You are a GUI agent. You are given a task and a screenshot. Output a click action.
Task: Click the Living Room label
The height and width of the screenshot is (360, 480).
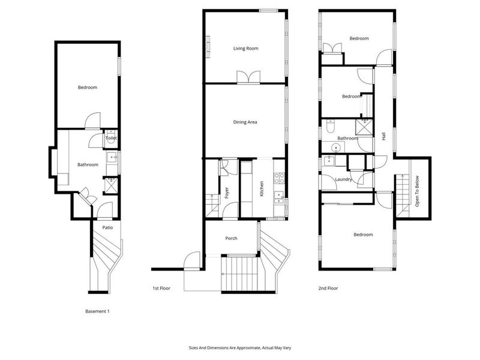245,49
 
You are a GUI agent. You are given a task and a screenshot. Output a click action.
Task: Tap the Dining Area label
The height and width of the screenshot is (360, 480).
245,122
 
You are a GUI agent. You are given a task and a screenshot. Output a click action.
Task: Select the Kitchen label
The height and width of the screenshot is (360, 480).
262,188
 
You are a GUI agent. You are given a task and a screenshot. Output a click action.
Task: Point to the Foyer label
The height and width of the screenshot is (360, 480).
227,193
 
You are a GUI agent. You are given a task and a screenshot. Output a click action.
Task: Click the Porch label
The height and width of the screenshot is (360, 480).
231,238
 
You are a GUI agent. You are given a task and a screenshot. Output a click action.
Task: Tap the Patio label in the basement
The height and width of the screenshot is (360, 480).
107,227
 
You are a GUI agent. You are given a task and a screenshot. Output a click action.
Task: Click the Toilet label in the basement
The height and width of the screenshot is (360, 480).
111,138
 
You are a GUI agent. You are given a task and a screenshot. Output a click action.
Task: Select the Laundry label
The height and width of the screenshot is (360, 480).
343,179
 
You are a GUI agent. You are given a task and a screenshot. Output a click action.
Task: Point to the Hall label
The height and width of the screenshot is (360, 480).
384,136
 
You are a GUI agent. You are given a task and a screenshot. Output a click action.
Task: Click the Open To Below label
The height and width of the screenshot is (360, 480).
417,191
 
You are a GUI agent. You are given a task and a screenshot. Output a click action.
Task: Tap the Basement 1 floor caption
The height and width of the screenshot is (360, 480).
97,311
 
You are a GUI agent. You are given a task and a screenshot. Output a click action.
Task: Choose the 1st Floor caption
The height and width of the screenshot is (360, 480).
161,288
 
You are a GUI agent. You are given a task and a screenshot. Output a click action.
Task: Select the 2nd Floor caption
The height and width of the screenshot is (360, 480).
328,288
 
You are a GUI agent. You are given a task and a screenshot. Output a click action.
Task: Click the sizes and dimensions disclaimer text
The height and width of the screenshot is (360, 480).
240,348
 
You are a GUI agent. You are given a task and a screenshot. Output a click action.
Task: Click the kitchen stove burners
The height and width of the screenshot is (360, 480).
279,178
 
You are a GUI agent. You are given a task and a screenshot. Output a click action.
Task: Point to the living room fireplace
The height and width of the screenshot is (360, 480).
208,47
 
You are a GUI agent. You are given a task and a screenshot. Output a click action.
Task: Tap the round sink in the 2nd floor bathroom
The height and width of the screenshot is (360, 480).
337,148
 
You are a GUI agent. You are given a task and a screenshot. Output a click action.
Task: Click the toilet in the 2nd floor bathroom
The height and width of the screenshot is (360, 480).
330,127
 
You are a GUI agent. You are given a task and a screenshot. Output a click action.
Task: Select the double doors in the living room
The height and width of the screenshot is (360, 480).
248,77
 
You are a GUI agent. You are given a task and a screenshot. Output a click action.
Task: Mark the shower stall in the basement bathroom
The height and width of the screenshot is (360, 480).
110,185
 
